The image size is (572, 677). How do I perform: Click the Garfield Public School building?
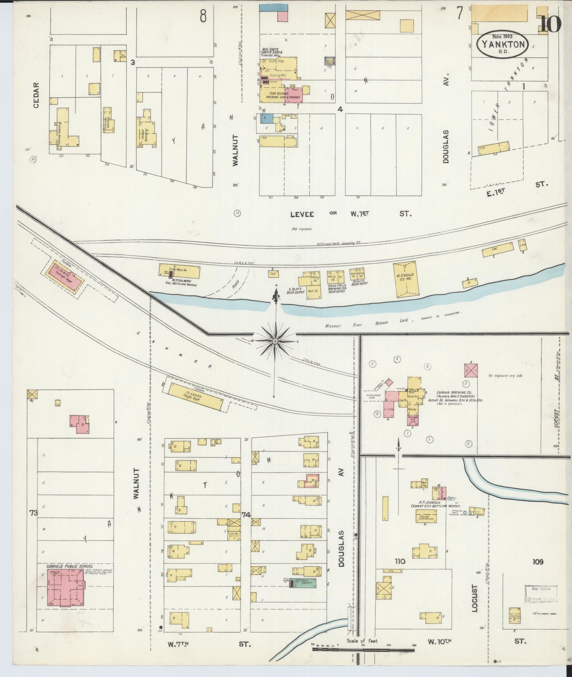[66, 587]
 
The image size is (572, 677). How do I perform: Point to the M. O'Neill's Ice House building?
[406, 279]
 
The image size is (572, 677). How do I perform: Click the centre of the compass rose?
[275, 341]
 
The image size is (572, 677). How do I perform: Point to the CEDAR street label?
[36, 95]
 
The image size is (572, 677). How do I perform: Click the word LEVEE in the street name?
[302, 214]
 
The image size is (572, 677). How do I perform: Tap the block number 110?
[399, 561]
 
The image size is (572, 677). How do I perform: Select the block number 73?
[33, 513]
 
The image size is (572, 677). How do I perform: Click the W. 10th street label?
[439, 641]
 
